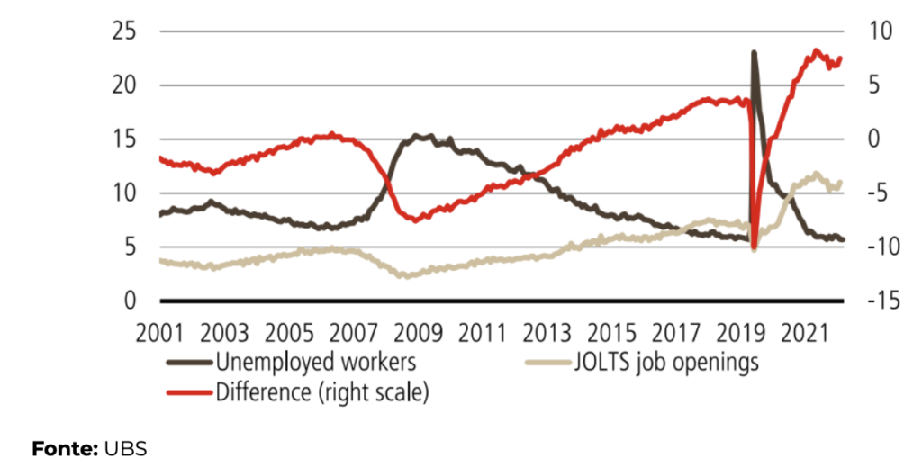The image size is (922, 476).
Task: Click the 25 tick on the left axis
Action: click(122, 31)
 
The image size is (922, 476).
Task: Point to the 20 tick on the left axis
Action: click(122, 85)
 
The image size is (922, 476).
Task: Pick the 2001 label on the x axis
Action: click(158, 332)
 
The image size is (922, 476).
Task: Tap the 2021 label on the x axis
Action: click(804, 332)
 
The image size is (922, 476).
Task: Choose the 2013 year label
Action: click(546, 332)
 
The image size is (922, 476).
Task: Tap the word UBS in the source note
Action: click(125, 447)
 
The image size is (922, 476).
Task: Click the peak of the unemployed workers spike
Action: click(754, 53)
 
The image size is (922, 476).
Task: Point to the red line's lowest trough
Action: click(754, 249)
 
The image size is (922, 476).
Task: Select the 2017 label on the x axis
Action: click(675, 332)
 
